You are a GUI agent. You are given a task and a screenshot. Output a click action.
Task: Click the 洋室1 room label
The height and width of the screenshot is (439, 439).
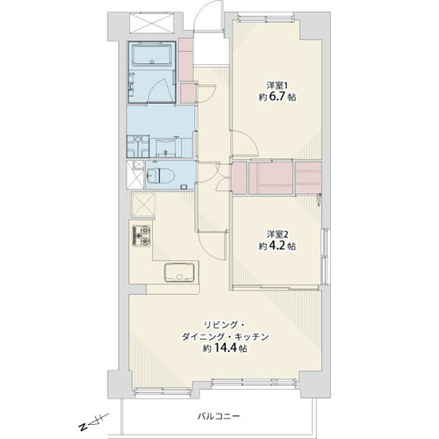click(277, 85)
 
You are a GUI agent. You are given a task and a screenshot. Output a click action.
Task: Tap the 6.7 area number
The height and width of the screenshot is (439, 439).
click(277, 97)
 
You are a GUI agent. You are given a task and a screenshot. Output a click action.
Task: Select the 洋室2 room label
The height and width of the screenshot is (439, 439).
click(277, 234)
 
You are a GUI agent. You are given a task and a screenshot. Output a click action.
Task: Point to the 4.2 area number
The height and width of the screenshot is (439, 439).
click(277, 246)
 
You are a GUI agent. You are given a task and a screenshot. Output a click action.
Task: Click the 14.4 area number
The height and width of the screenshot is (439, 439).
click(227, 348)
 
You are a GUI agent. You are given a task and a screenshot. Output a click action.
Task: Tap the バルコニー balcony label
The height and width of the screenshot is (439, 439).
click(219, 416)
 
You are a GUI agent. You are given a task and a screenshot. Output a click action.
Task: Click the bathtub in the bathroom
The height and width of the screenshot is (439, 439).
click(152, 55)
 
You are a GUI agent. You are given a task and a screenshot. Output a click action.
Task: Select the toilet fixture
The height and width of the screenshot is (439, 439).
click(160, 176)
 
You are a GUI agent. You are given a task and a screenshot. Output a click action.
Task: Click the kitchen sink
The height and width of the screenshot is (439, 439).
click(179, 272)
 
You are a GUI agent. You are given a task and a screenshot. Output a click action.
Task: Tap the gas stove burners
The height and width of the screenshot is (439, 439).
click(141, 236)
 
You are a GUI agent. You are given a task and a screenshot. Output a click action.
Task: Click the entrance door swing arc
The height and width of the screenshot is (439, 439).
click(209, 15)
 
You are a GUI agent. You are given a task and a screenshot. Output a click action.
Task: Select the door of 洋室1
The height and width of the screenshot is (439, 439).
click(244, 143)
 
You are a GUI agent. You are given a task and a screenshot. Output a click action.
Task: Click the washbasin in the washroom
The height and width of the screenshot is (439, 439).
click(166, 148)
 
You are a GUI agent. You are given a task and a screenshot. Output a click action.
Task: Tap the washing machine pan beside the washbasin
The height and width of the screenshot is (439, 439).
click(138, 147)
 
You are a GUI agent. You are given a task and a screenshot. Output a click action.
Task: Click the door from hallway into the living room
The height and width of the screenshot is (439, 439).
click(212, 245)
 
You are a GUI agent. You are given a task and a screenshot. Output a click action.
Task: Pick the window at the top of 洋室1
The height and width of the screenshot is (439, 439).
click(266, 17)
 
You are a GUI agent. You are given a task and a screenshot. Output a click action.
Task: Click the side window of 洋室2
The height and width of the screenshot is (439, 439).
click(325, 256)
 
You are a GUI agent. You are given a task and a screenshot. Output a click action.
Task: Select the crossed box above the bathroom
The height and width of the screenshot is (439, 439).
click(152, 23)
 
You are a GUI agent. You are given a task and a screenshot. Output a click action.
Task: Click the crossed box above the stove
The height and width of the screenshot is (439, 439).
click(143, 205)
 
